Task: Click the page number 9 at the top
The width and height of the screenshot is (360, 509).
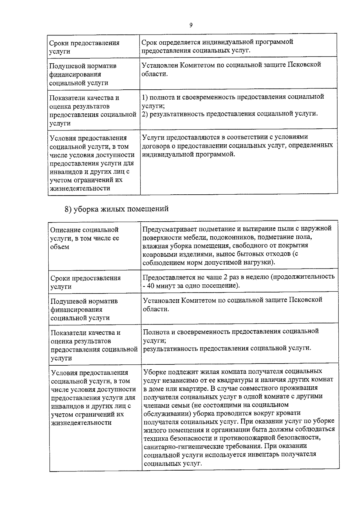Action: coord(191,25)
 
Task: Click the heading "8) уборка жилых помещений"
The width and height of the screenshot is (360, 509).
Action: coord(117,209)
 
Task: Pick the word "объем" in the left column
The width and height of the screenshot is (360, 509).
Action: coord(60,247)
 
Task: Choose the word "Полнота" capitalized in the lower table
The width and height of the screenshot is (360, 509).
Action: coord(156,331)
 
